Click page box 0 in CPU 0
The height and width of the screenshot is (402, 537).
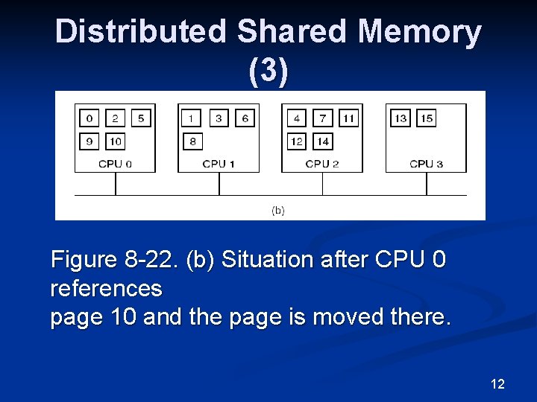(x=89, y=118)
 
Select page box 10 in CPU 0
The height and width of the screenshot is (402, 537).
(x=115, y=141)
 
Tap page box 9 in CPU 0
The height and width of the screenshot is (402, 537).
(x=89, y=141)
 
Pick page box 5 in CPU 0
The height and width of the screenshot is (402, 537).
(x=141, y=118)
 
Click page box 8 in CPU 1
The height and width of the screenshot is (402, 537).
(x=192, y=141)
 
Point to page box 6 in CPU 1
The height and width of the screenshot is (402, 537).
(x=245, y=118)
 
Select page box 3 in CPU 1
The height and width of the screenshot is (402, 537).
(x=219, y=118)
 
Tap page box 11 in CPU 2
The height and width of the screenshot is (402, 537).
(x=348, y=118)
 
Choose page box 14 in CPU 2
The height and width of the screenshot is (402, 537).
(x=322, y=141)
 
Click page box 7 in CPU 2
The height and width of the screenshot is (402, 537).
(x=322, y=118)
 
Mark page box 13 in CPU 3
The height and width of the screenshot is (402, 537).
(x=401, y=118)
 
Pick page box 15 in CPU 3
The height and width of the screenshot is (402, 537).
(x=426, y=118)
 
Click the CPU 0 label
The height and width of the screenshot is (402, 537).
(x=115, y=164)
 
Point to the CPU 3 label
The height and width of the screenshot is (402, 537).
(x=426, y=164)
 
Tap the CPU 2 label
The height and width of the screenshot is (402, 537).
(x=322, y=164)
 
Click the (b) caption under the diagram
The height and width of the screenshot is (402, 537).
(x=277, y=211)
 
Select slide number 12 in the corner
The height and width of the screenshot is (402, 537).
(x=497, y=384)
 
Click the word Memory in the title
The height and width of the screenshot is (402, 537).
(x=419, y=32)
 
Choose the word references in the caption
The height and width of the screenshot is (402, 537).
(x=106, y=288)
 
